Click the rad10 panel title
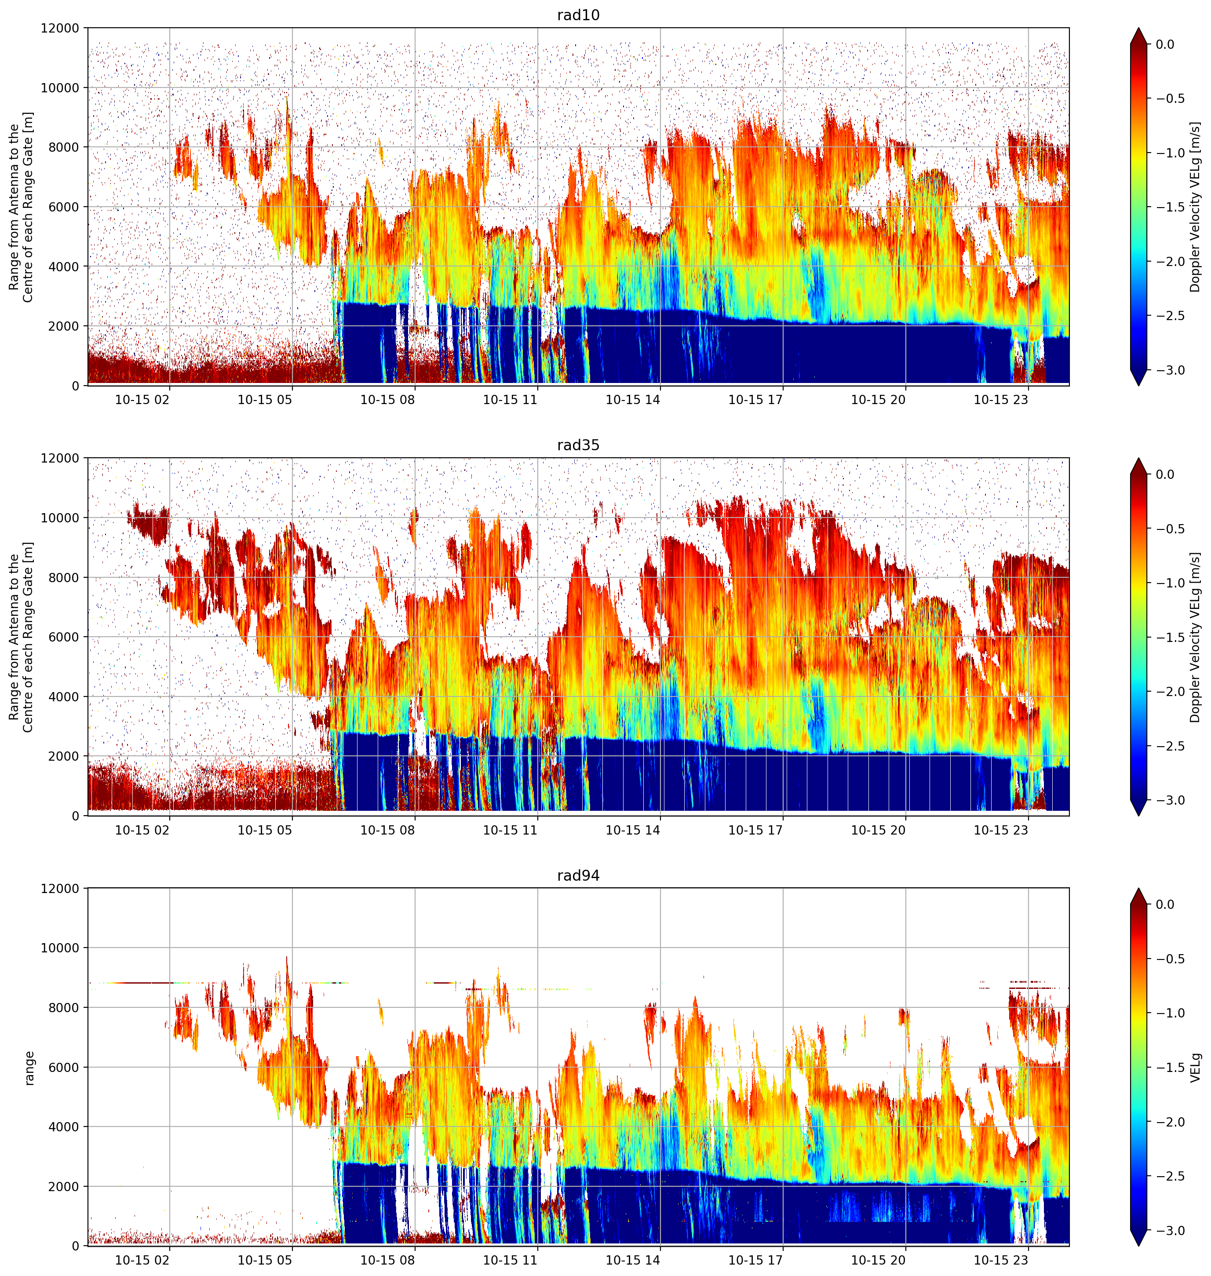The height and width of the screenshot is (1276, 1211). pyautogui.click(x=578, y=15)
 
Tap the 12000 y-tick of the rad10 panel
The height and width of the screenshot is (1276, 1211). pyautogui.click(x=60, y=29)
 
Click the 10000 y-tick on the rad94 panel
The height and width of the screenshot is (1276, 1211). pyautogui.click(x=60, y=948)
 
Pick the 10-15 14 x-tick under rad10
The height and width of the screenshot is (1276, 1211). pyautogui.click(x=633, y=400)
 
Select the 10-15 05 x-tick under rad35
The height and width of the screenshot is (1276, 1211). pyautogui.click(x=265, y=830)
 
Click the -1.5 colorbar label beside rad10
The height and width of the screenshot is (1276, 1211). pyautogui.click(x=1170, y=207)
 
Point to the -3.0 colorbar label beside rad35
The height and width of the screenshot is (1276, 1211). pyautogui.click(x=1170, y=800)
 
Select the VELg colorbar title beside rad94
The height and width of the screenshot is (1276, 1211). pyautogui.click(x=1196, y=1068)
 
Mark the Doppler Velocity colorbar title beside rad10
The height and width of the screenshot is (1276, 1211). pyautogui.click(x=1196, y=207)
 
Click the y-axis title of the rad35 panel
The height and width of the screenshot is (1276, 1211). pyautogui.click(x=21, y=637)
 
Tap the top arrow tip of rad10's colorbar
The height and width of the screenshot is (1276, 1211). pyautogui.click(x=1139, y=28)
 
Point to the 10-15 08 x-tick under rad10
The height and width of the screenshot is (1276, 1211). pyautogui.click(x=387, y=400)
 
